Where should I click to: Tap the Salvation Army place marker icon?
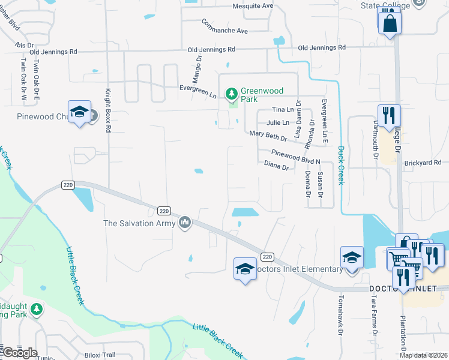185,223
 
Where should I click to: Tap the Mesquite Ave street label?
253,6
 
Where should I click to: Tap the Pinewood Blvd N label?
296,157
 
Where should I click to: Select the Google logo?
20,353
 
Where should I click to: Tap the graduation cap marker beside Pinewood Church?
79,112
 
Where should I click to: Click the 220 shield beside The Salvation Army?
164,211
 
